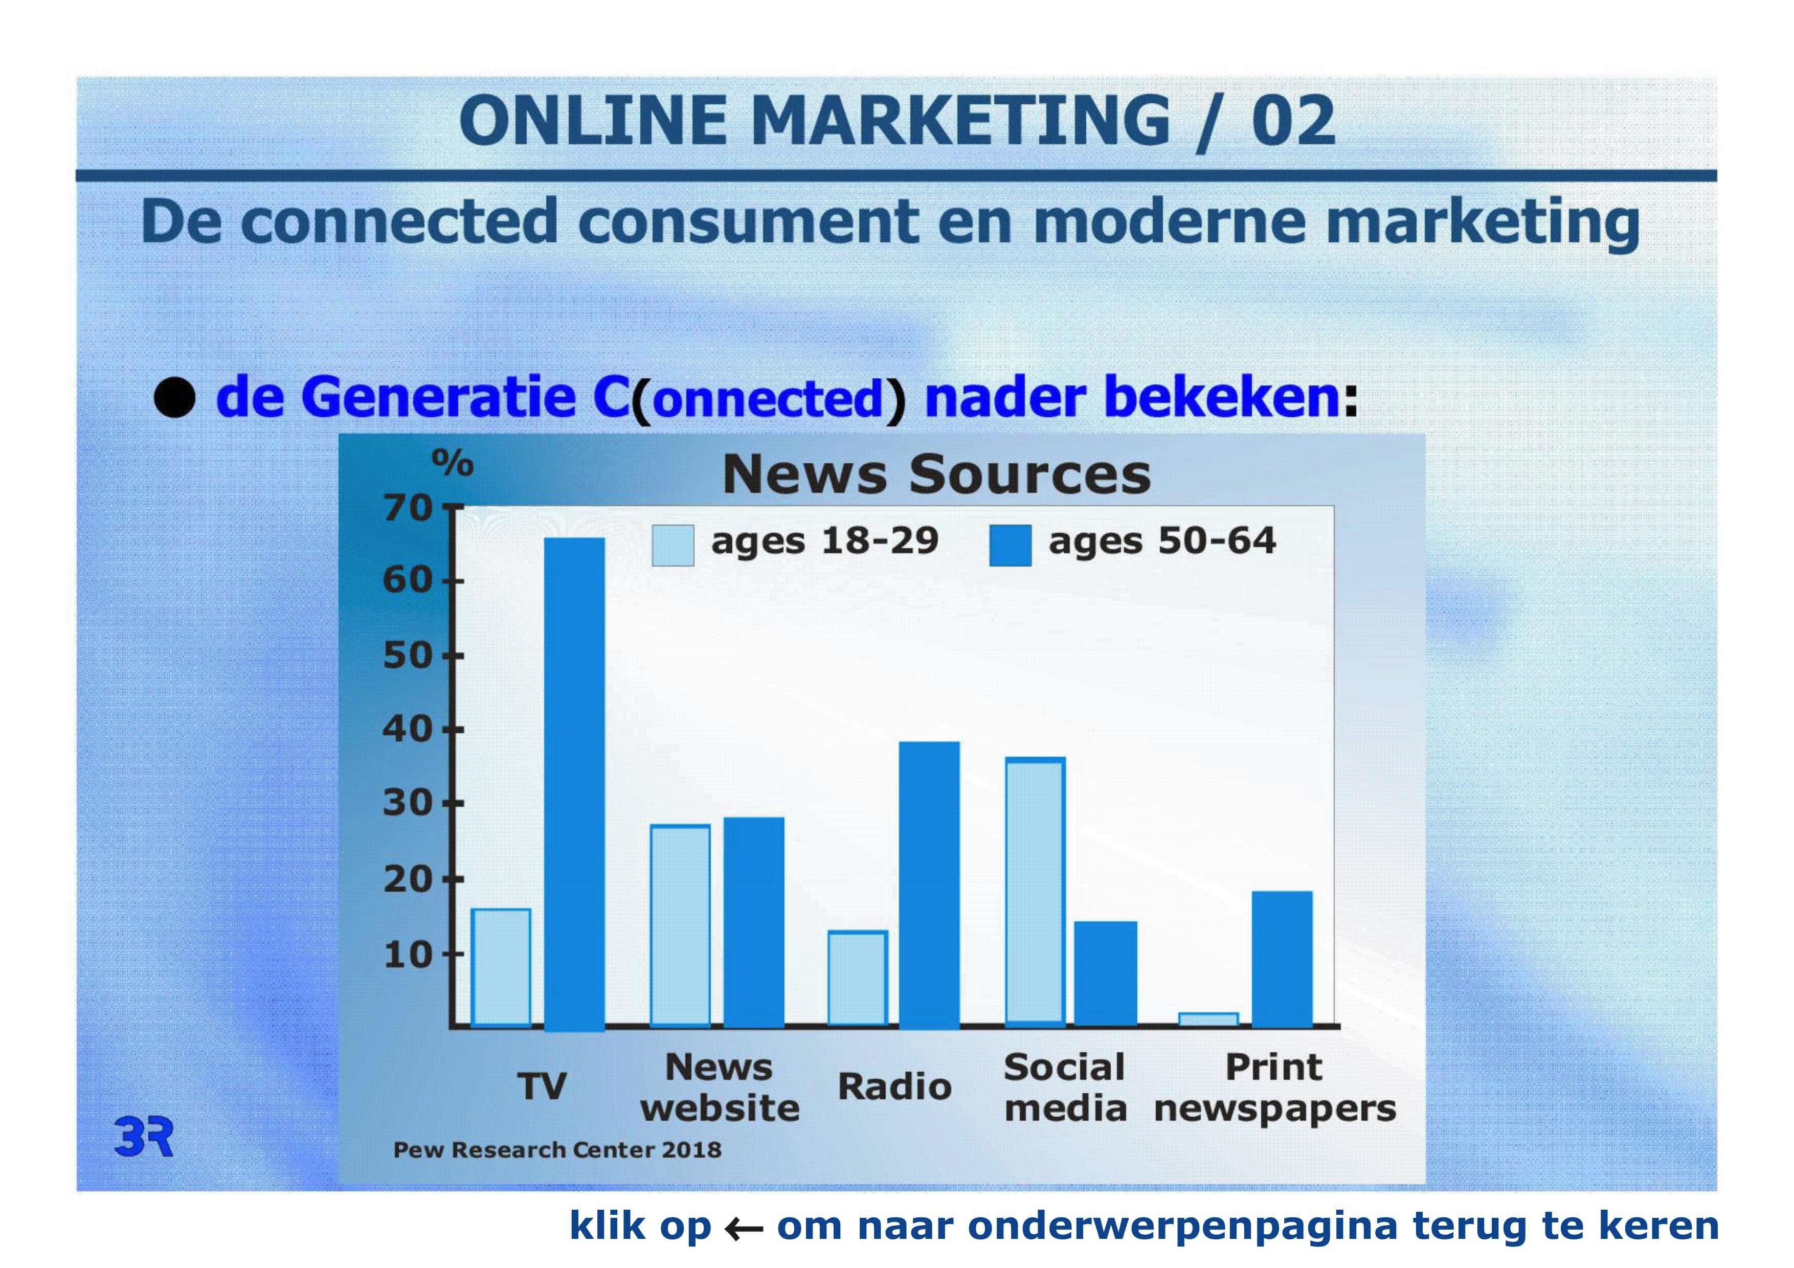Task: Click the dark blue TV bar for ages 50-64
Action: [x=574, y=784]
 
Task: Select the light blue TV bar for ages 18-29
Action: [x=501, y=967]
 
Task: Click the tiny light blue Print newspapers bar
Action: [x=1208, y=1019]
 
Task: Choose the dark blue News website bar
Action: [x=753, y=922]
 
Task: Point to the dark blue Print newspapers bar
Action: [x=1282, y=959]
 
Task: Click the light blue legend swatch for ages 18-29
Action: [x=673, y=545]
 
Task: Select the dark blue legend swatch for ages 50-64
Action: [x=1010, y=545]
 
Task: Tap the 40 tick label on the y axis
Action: [x=407, y=730]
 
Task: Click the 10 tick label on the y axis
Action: [x=407, y=954]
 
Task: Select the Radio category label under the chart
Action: [x=894, y=1086]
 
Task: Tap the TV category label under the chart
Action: [x=542, y=1086]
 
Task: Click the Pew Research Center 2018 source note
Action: [x=557, y=1149]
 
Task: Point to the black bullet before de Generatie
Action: [x=174, y=398]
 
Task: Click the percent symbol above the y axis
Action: [x=453, y=463]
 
